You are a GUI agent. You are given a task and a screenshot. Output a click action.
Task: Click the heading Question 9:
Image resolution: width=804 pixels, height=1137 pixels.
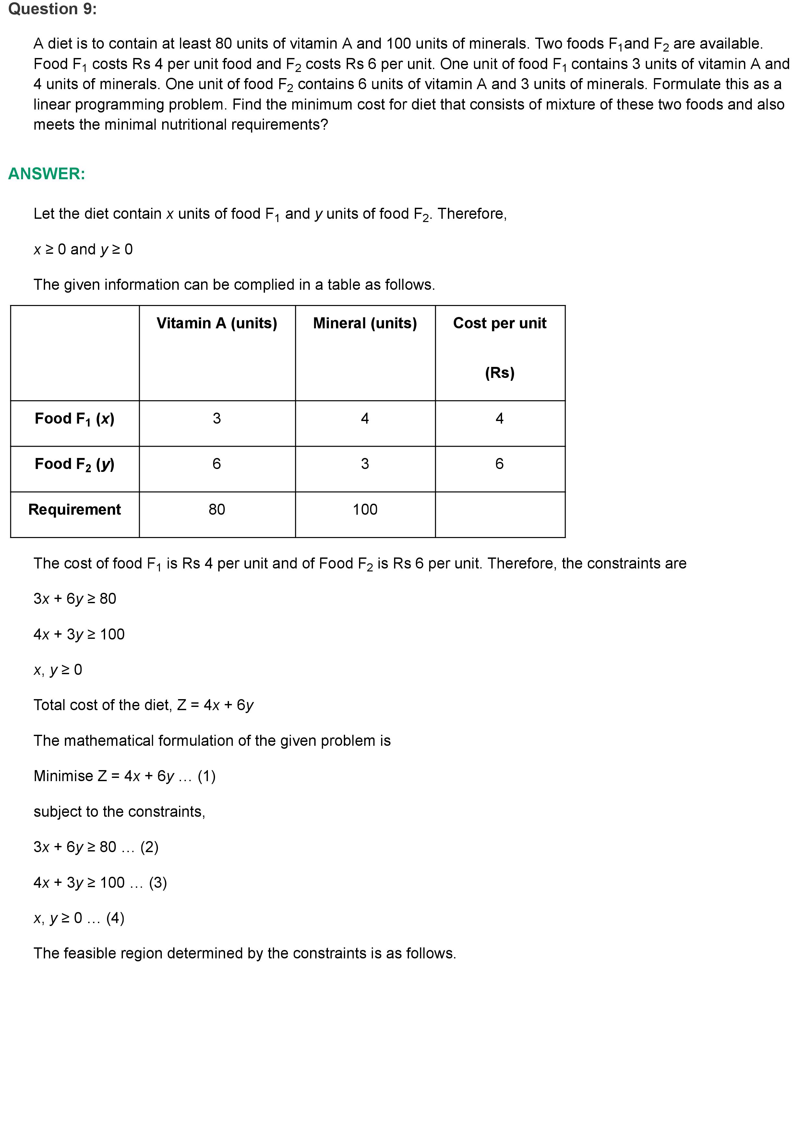pyautogui.click(x=53, y=9)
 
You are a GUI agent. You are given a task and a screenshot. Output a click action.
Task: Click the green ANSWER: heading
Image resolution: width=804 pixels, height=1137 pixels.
pyautogui.click(x=47, y=174)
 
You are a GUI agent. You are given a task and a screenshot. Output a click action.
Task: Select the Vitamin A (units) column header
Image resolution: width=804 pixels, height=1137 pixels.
pyautogui.click(x=216, y=323)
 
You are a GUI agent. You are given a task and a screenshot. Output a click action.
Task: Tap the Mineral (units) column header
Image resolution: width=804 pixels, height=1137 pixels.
pyautogui.click(x=365, y=323)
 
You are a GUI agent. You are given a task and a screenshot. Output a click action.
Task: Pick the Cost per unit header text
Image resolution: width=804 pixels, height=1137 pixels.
pyautogui.click(x=499, y=323)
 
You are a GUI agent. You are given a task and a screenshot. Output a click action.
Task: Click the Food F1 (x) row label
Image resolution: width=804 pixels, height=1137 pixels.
pyautogui.click(x=74, y=419)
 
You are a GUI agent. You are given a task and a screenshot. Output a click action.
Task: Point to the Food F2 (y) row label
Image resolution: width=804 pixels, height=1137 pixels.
pyautogui.click(x=74, y=464)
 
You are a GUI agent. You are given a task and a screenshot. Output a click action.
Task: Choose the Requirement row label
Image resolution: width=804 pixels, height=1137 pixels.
pyautogui.click(x=74, y=510)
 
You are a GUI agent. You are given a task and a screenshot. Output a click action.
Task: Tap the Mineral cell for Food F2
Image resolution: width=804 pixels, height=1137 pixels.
pyautogui.click(x=365, y=464)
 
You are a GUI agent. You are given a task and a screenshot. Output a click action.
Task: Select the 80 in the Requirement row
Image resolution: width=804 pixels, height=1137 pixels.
pyautogui.click(x=216, y=510)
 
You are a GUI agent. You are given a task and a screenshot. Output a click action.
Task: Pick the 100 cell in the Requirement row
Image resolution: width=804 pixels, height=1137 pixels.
pyautogui.click(x=365, y=510)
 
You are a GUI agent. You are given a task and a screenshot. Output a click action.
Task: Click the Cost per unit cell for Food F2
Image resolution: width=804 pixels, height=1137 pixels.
pyautogui.click(x=499, y=464)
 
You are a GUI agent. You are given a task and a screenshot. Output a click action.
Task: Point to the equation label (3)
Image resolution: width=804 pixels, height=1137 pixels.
pyautogui.click(x=158, y=883)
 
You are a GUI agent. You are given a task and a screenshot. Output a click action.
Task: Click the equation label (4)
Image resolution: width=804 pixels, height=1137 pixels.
pyautogui.click(x=115, y=918)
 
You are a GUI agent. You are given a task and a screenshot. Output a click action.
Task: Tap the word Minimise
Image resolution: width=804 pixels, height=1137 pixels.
pyautogui.click(x=64, y=776)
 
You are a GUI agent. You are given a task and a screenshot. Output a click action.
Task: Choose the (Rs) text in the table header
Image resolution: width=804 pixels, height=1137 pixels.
pyautogui.click(x=499, y=373)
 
